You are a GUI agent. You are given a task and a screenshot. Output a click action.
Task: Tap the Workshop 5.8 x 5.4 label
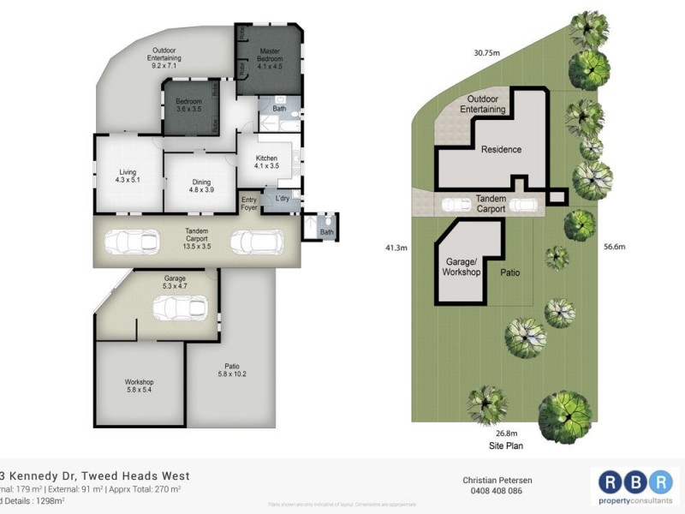(138, 385)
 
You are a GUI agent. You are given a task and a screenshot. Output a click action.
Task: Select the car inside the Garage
(180, 307)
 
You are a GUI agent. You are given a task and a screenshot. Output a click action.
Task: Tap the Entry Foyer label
(249, 202)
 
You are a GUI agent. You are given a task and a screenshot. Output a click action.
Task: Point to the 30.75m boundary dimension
(487, 51)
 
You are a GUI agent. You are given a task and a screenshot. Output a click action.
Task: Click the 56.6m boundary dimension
(614, 247)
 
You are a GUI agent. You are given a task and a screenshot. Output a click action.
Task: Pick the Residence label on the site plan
(501, 150)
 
